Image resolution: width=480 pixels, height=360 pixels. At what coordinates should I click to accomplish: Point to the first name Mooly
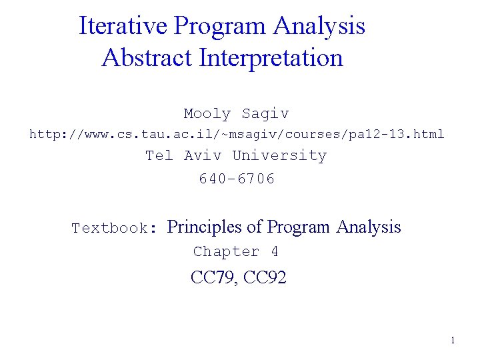(207, 114)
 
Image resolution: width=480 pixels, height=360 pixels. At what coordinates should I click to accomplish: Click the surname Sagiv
(265, 114)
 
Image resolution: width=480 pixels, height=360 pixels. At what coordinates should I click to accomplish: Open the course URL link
(237, 134)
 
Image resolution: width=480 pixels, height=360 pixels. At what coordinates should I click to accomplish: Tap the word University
(279, 156)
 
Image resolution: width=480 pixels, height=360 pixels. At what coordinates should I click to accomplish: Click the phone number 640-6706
(237, 179)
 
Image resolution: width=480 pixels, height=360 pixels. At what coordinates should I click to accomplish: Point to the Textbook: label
(114, 229)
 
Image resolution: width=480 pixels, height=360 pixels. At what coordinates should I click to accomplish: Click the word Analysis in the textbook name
(368, 227)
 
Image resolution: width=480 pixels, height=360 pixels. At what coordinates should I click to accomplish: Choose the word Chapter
(226, 252)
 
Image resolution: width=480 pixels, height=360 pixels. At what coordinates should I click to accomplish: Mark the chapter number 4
(274, 252)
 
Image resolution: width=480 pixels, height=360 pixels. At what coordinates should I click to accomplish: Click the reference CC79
(213, 278)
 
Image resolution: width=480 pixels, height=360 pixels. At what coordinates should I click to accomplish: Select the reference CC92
(265, 278)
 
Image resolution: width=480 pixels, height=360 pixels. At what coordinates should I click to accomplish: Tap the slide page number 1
(453, 341)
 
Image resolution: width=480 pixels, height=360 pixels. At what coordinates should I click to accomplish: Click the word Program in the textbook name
(298, 227)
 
